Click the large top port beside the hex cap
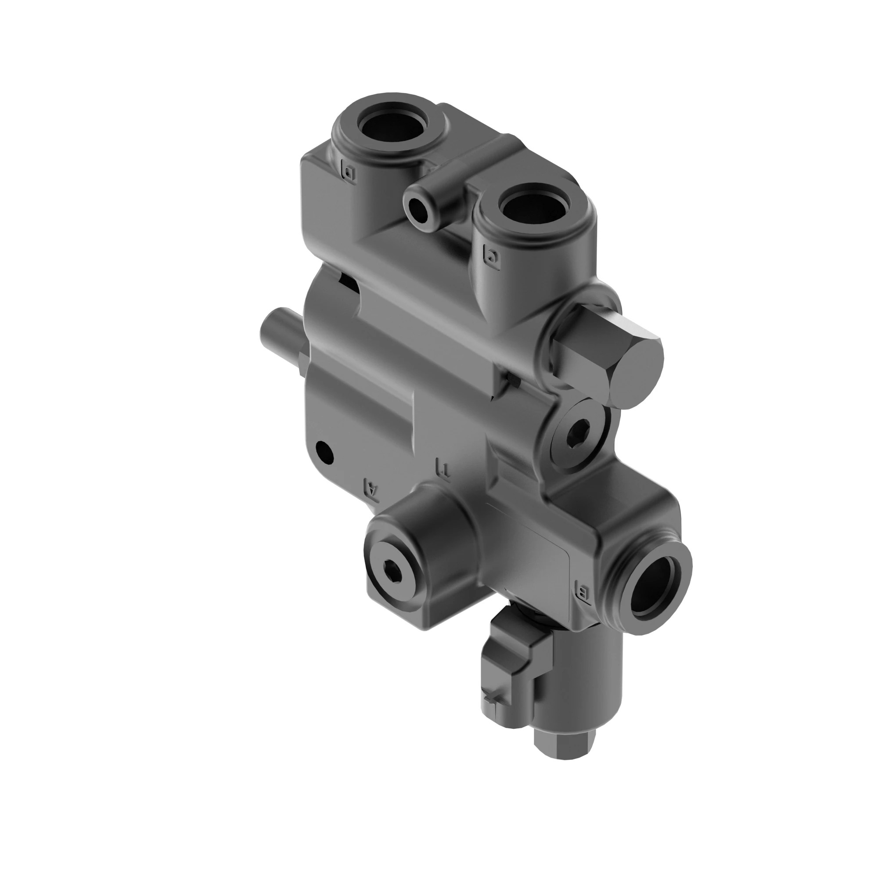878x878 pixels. coord(535,208)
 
